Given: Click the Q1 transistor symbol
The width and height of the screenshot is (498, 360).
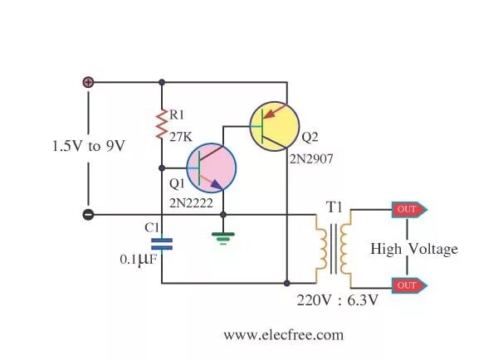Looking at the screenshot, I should click(x=210, y=168).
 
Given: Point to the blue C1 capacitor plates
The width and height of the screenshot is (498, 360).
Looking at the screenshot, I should click(x=162, y=243).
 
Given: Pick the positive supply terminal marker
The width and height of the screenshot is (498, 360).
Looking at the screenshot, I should click(x=88, y=82).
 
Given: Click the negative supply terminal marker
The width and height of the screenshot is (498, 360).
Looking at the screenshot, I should click(x=88, y=216).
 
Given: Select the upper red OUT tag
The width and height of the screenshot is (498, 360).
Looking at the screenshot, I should click(x=410, y=209).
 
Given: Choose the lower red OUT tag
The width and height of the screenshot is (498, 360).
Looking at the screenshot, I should click(x=410, y=285).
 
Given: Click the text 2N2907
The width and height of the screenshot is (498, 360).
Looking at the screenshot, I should click(x=311, y=157).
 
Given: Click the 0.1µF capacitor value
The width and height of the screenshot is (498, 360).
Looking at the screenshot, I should click(x=138, y=259).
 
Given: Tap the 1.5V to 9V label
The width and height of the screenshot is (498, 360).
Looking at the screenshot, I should click(x=88, y=146).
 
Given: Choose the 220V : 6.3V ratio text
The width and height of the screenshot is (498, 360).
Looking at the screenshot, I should click(x=337, y=300).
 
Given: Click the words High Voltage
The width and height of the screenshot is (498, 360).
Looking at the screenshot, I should click(x=413, y=248).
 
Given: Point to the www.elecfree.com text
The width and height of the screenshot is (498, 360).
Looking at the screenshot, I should click(x=283, y=335).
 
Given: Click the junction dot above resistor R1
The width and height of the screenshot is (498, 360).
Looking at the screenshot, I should click(x=162, y=82).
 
